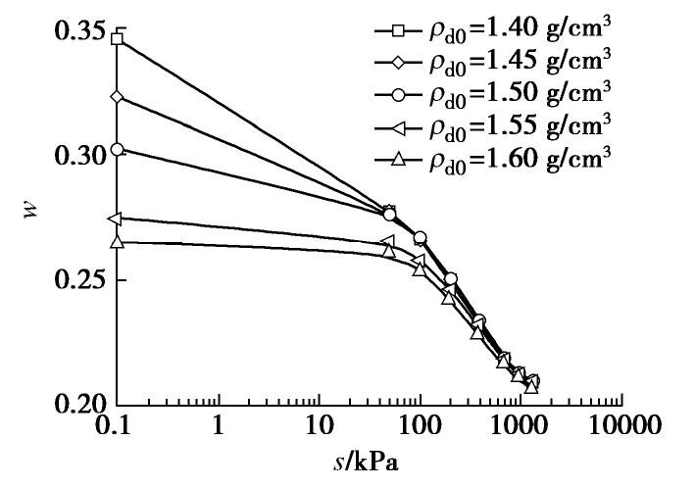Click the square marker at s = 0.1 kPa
118,39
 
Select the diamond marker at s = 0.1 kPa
118,97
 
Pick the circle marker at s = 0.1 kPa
118,149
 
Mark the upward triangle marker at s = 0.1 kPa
118,241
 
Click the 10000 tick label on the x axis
621,426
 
